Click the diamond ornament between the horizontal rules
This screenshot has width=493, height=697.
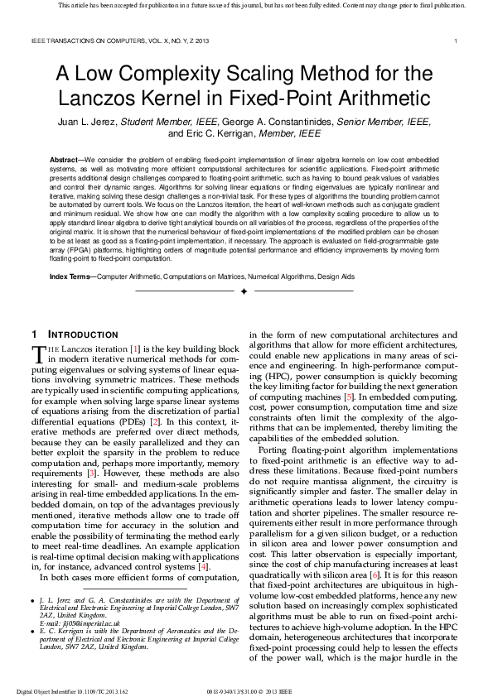(x=244, y=292)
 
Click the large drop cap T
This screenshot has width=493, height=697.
(x=37, y=354)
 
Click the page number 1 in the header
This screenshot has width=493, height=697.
(x=457, y=41)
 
